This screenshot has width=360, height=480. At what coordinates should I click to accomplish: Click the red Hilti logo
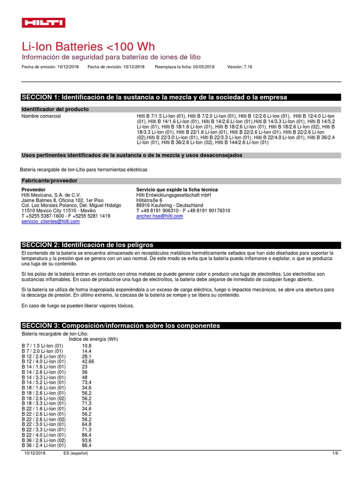44,23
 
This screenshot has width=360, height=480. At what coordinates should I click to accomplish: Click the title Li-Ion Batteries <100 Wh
88,47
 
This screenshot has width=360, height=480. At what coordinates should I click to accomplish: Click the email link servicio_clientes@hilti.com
51,221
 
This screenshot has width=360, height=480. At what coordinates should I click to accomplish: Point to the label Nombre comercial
41,116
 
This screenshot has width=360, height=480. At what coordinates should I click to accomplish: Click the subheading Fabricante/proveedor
49,180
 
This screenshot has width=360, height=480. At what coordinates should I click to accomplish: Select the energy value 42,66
88,362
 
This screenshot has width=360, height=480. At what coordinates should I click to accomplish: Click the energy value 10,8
86,345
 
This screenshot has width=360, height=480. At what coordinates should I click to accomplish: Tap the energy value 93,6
86,441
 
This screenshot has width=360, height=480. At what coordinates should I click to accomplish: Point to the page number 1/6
335,453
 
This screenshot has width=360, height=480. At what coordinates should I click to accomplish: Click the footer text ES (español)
75,453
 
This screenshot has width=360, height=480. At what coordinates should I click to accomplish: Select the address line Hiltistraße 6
149,200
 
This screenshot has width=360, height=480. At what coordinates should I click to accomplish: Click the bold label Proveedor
34,189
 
